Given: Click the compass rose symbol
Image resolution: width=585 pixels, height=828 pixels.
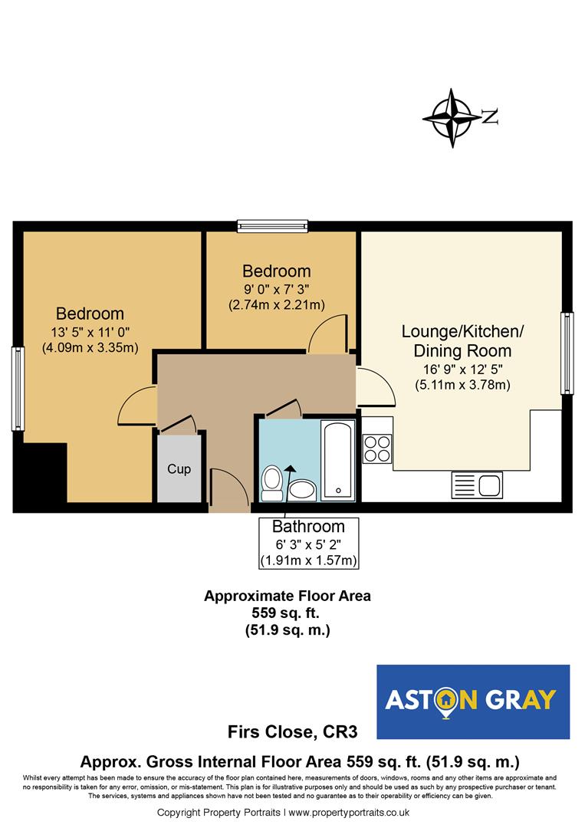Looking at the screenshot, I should pyautogui.click(x=452, y=117).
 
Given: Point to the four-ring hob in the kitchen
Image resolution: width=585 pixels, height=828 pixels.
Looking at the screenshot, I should pyautogui.click(x=376, y=448).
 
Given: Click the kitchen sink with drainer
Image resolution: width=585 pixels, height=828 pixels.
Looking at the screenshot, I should pyautogui.click(x=476, y=485).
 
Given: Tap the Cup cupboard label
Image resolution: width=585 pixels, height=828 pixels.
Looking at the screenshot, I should pyautogui.click(x=179, y=468).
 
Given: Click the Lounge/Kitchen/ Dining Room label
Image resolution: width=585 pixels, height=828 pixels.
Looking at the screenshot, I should pyautogui.click(x=462, y=341).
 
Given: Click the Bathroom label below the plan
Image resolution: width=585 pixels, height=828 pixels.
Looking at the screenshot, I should pyautogui.click(x=308, y=527).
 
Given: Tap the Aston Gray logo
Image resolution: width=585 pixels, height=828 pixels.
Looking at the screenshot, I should pyautogui.click(x=473, y=701).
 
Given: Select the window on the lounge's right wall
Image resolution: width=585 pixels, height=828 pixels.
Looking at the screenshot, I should pyautogui.click(x=567, y=352).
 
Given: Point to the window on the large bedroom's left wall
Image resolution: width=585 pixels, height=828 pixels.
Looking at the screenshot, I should pyautogui.click(x=17, y=388).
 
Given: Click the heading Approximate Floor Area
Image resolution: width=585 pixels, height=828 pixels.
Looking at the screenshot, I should pyautogui.click(x=287, y=596).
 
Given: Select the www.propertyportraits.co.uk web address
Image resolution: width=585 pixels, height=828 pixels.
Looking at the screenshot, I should pyautogui.click(x=350, y=812).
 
